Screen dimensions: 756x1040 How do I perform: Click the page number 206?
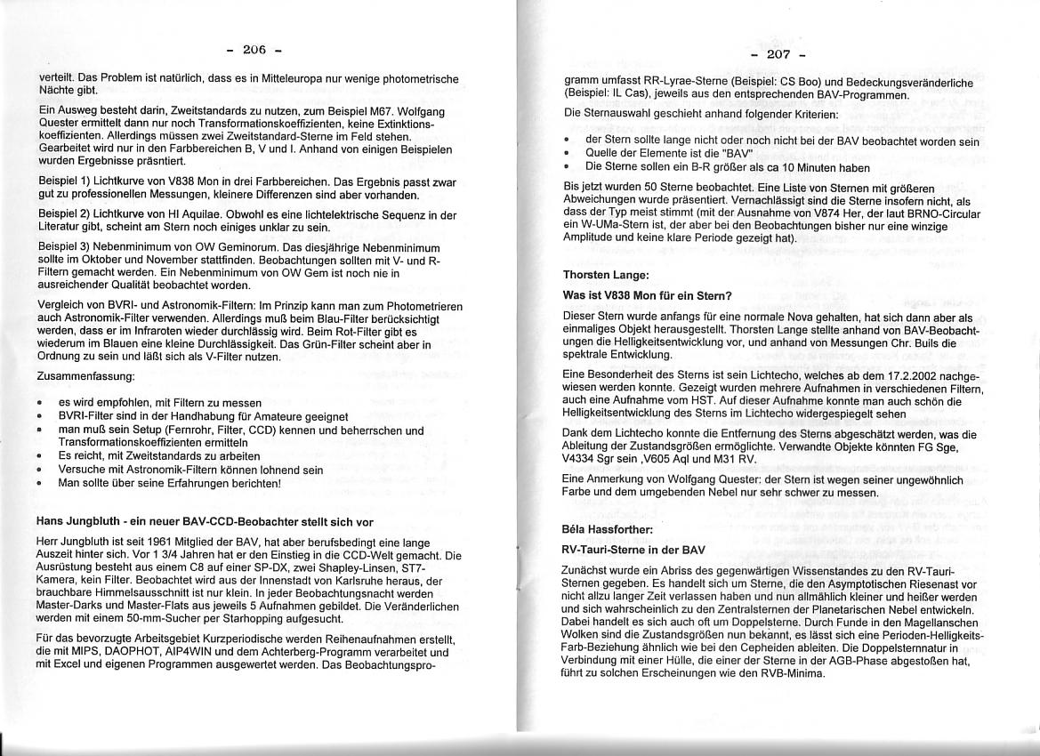tap(254, 49)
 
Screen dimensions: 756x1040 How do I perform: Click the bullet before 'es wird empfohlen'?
tap(40, 403)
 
